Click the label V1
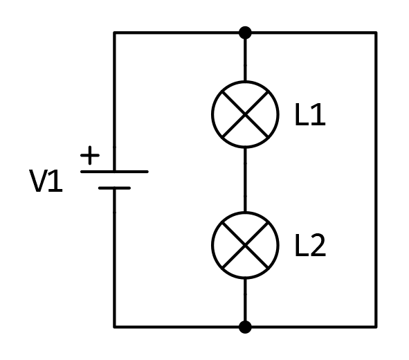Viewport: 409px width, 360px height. click(46, 181)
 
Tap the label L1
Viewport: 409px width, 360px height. click(310, 114)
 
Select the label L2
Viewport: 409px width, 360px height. click(310, 245)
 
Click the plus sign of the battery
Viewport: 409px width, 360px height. click(90, 155)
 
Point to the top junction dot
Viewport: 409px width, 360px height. click(245, 33)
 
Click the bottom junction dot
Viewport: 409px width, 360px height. click(245, 327)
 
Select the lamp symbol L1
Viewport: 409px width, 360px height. click(245, 114)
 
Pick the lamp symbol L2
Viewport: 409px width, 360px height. click(245, 245)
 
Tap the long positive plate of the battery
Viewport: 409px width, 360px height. click(114, 172)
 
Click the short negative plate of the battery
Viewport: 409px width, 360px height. click(114, 188)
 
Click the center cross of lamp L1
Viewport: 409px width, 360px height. click(245, 114)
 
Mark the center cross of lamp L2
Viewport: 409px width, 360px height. click(245, 245)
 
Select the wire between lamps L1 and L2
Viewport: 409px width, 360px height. click(245, 180)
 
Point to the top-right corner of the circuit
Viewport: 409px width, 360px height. click(376, 33)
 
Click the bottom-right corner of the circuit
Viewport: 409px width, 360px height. click(376, 327)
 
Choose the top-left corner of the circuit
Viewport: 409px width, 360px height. click(114, 33)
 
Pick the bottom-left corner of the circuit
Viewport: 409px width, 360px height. click(114, 327)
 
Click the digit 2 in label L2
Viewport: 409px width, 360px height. click(318, 245)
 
